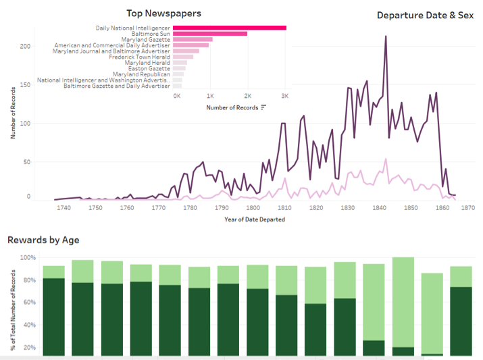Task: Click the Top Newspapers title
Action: [x=163, y=13]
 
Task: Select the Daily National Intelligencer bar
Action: [x=229, y=27]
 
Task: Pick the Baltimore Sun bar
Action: [x=209, y=33]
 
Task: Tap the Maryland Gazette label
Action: [x=145, y=39]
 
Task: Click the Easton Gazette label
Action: [x=150, y=68]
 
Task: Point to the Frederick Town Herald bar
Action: [x=182, y=57]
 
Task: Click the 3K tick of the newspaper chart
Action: [x=285, y=96]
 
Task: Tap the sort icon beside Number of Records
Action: [x=263, y=107]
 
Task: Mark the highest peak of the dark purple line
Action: [x=386, y=36]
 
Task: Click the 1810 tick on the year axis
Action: [x=284, y=208]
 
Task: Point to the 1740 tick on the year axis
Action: [x=64, y=208]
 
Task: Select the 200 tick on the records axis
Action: [x=25, y=46]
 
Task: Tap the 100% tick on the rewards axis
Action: [x=27, y=258]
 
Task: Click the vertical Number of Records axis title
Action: [x=13, y=112]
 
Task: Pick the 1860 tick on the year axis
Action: [x=442, y=208]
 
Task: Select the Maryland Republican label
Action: [x=141, y=74]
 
